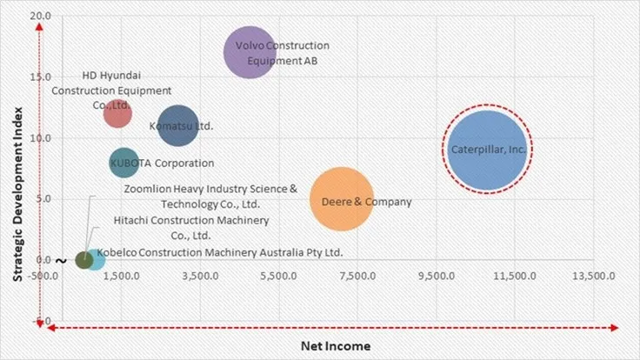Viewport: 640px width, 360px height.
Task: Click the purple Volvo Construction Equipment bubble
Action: tap(250, 52)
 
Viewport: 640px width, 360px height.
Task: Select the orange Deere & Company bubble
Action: tap(342, 200)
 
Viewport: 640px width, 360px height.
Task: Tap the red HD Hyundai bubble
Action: tap(117, 113)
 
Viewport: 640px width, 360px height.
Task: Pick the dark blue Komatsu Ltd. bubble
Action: tap(178, 126)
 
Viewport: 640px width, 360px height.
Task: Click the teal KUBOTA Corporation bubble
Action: tap(124, 163)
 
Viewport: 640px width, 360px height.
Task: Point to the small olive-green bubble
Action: tap(83, 259)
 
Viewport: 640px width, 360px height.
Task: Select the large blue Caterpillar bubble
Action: tap(487, 150)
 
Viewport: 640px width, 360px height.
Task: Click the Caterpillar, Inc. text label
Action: tap(488, 150)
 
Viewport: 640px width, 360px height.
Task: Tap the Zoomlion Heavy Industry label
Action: tap(210, 197)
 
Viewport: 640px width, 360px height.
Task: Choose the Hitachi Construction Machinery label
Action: tap(191, 228)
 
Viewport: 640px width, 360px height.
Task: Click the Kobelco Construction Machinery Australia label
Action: tap(221, 252)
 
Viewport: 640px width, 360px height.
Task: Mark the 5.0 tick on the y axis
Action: tap(43, 198)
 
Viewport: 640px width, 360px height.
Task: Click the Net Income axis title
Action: tap(335, 346)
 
